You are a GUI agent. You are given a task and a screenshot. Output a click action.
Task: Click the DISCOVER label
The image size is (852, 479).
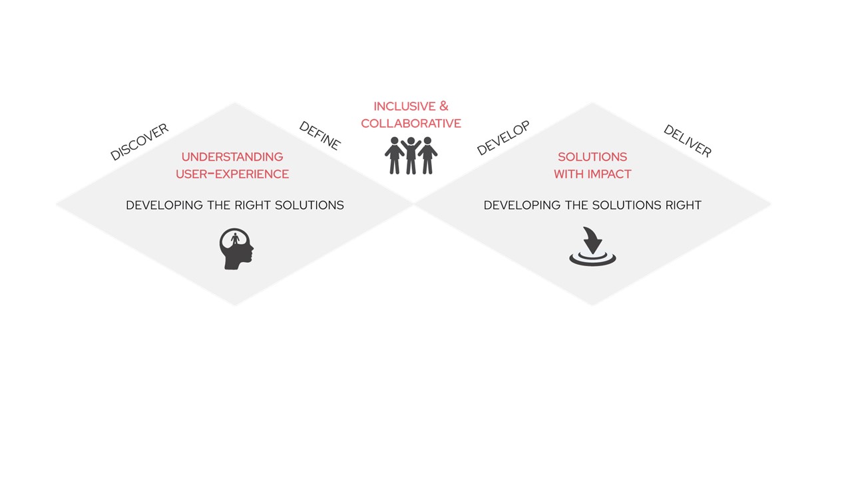(x=139, y=142)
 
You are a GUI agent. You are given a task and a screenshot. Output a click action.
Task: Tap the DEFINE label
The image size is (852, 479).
(x=320, y=136)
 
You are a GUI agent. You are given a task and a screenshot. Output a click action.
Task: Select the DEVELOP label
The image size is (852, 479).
(x=503, y=138)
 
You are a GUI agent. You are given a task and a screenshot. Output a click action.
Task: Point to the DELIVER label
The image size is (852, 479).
(x=688, y=140)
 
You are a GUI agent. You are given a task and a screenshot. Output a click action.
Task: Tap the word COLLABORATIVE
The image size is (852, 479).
(x=411, y=124)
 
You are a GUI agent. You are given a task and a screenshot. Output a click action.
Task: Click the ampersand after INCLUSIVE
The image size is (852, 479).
(x=444, y=106)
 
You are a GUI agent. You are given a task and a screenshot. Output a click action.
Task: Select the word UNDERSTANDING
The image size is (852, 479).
(x=232, y=157)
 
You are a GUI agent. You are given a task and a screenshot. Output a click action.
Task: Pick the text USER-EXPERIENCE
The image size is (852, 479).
(x=232, y=174)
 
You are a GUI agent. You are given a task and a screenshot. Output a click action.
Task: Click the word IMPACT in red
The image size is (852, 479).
(x=609, y=174)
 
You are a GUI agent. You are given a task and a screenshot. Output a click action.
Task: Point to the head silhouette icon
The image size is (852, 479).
(x=236, y=249)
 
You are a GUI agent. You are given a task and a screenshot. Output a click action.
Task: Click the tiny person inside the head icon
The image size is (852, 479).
(x=236, y=239)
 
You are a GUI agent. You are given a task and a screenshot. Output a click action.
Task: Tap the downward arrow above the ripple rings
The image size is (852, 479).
(x=592, y=240)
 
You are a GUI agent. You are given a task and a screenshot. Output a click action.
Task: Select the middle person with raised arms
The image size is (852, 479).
(x=411, y=156)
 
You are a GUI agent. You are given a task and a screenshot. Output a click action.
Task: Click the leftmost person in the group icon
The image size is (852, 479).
(x=394, y=156)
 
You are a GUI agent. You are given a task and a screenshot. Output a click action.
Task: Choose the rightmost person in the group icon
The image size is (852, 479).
(x=428, y=156)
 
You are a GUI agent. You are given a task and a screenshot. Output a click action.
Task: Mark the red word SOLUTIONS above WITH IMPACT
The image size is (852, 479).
(x=592, y=157)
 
